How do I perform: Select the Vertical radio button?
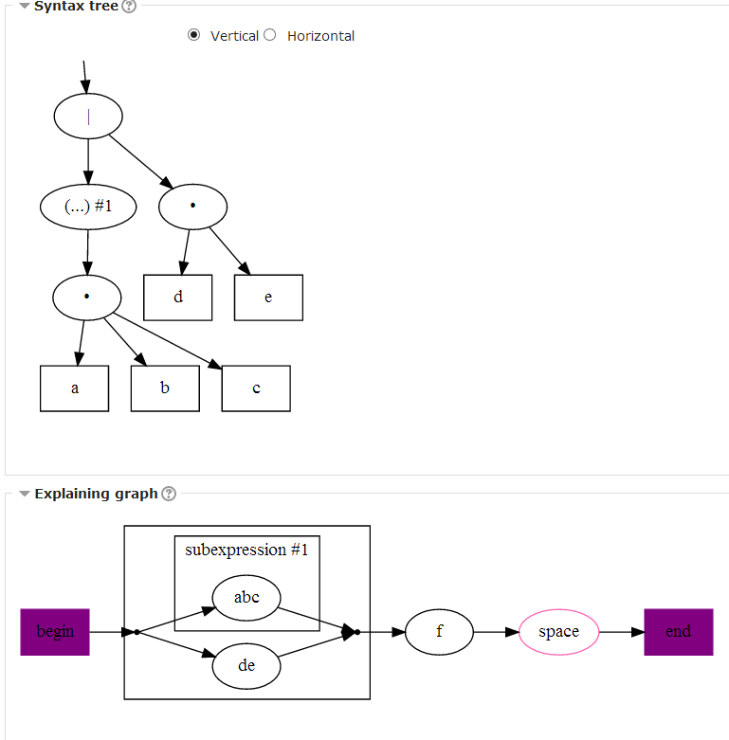(194, 35)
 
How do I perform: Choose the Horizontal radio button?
(270, 35)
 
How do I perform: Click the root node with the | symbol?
(88, 117)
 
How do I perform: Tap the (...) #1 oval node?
(88, 206)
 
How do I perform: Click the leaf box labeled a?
(75, 388)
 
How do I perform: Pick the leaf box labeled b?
(165, 388)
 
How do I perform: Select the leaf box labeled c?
(256, 388)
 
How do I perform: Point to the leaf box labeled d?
(178, 298)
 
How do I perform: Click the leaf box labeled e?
(268, 298)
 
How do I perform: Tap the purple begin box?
(55, 632)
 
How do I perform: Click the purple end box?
(678, 632)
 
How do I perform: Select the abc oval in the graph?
(246, 597)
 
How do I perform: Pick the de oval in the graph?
(246, 666)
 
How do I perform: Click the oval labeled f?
(439, 632)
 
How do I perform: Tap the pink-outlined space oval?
(558, 632)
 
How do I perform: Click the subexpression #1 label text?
(246, 550)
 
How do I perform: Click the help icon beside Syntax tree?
(130, 7)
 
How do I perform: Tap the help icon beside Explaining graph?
(169, 494)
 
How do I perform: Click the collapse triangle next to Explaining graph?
(25, 494)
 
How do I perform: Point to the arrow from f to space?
(496, 632)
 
